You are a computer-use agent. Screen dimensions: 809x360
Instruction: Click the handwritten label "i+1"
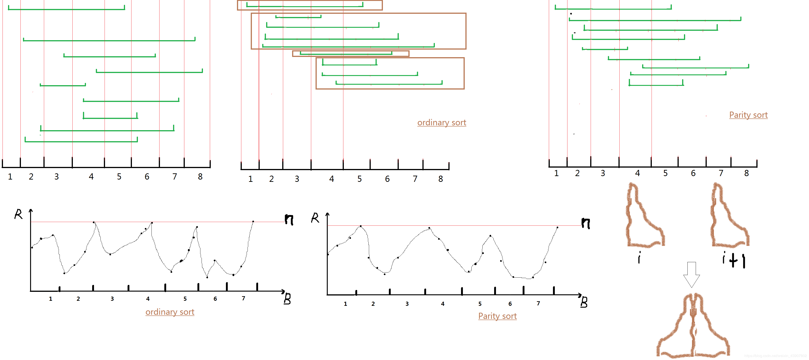coord(733,260)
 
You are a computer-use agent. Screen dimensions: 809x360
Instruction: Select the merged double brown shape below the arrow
coord(693,326)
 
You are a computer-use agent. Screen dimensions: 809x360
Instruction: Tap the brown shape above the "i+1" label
coord(729,217)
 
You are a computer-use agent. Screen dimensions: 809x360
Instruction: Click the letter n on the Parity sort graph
coord(585,223)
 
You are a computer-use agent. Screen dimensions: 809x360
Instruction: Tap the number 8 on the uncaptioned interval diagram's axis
coord(200,177)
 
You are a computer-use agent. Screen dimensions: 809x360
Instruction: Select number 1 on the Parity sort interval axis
coord(556,173)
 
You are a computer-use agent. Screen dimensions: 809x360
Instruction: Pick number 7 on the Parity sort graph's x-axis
coord(538,303)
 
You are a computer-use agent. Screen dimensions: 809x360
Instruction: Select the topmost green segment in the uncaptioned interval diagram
coord(66,9)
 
